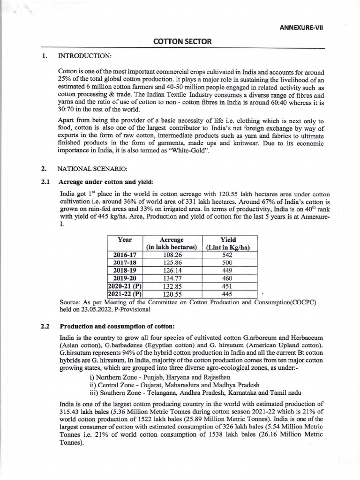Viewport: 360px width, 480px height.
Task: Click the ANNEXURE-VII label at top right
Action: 301,27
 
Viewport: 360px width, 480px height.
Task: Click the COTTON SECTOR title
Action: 183,42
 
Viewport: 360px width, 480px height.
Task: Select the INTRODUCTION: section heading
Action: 84,56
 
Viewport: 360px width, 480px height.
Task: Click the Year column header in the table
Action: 125,240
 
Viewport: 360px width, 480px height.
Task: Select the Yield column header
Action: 228,240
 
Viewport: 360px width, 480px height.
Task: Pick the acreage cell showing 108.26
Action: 172,255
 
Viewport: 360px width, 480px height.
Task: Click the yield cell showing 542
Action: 228,255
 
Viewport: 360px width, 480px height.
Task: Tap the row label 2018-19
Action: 125,270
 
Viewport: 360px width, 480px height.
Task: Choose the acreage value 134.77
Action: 172,278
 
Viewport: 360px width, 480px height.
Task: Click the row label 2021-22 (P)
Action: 125,294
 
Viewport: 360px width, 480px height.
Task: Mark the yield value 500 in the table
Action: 228,262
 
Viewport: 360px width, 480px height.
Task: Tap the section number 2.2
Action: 45,326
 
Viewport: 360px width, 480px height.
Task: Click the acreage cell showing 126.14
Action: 172,270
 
